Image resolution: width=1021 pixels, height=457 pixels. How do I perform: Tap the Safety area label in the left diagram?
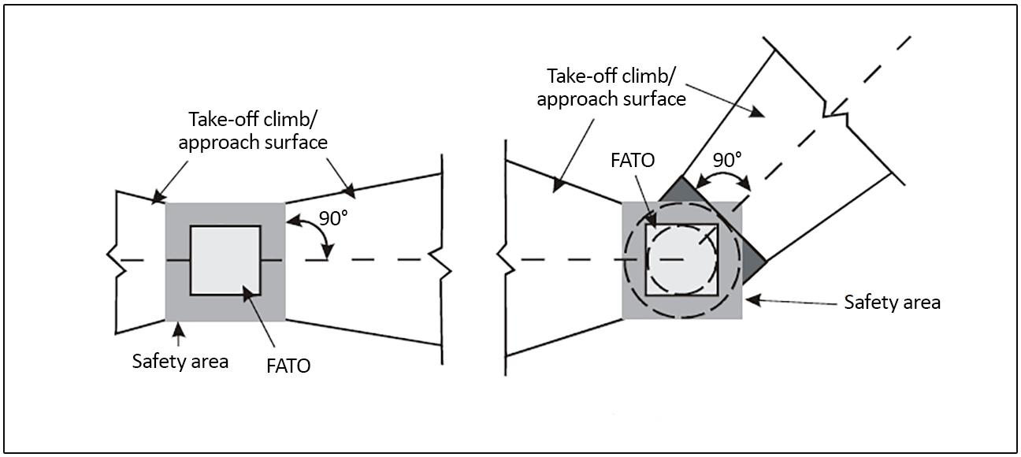(x=180, y=362)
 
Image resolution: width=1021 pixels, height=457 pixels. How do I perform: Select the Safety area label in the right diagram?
(x=892, y=302)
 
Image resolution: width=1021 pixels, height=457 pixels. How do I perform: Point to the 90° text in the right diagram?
(x=726, y=158)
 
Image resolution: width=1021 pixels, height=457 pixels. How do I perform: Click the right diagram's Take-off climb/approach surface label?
(x=617, y=87)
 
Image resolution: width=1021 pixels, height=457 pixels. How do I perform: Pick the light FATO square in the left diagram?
(x=225, y=260)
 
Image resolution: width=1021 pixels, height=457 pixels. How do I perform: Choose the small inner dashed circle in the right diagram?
(x=682, y=260)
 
